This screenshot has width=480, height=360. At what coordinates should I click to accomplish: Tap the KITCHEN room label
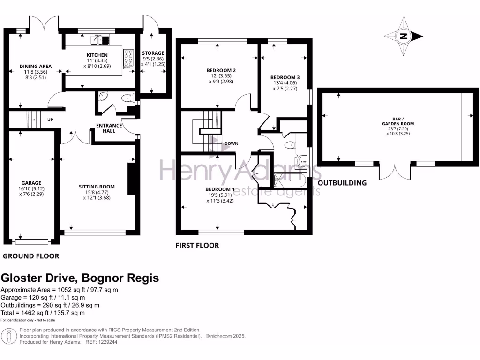[97, 55]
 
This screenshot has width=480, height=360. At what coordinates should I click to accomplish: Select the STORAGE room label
[153, 53]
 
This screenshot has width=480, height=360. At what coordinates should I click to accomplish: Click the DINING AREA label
[36, 67]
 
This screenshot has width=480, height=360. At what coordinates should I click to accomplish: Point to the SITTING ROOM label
[97, 187]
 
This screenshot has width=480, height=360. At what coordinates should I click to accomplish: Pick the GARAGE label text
[31, 183]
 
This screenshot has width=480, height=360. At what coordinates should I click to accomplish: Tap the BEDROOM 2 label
[221, 70]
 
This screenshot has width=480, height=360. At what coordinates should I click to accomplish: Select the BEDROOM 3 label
[285, 78]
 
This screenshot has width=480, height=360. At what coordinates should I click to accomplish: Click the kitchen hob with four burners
[127, 60]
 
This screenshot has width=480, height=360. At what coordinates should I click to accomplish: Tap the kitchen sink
[100, 40]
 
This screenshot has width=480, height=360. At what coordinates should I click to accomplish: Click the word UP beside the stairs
[50, 120]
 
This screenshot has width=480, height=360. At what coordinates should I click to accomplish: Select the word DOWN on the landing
[232, 144]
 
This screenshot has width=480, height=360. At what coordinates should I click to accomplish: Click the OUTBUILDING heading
[342, 183]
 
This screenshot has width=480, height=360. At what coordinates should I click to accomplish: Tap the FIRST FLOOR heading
[197, 245]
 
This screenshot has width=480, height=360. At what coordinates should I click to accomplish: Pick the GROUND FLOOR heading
[31, 256]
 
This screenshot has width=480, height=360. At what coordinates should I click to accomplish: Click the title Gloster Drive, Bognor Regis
[80, 278]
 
